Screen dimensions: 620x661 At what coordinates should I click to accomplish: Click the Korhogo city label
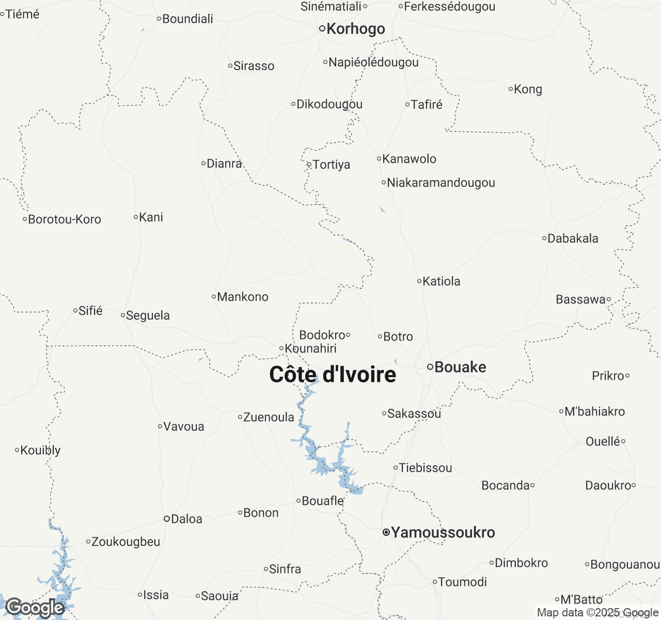355,29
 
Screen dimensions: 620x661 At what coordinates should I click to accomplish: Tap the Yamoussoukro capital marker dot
386,532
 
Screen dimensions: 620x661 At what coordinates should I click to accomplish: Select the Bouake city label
460,367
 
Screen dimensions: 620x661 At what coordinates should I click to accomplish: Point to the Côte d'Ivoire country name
333,375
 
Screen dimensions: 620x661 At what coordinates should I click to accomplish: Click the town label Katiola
441,282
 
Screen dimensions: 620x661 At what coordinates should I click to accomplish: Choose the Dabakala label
573,239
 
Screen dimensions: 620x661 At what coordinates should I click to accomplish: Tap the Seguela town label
148,316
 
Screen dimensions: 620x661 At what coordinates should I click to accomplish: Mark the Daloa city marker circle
167,519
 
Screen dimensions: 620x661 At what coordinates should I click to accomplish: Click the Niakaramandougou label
440,183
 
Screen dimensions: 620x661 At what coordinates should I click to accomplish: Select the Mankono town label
243,297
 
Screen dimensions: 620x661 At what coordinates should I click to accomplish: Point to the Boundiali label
187,19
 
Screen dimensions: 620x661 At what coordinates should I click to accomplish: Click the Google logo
35,608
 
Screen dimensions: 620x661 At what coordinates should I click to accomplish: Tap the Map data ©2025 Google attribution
597,613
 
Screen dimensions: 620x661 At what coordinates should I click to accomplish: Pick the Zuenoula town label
269,417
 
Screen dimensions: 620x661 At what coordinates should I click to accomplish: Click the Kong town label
528,89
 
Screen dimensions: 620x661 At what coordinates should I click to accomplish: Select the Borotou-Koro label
65,220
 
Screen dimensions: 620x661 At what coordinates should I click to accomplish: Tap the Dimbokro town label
521,563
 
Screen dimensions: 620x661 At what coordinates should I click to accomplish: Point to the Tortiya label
331,165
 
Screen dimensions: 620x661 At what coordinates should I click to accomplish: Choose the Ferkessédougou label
449,7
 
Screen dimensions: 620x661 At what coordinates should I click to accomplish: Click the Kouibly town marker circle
17,451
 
